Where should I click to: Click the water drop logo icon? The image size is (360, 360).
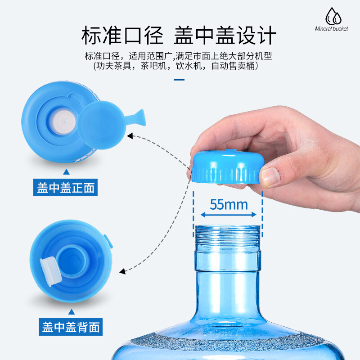point(333,16)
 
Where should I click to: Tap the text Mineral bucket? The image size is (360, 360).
point(331,29)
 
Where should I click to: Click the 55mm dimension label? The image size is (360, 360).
point(229,204)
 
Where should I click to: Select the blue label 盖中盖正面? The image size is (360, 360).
point(65,187)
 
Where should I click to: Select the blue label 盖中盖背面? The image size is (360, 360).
point(71,327)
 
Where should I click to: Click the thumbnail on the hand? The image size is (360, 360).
point(271,176)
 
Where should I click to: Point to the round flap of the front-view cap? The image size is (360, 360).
point(101,125)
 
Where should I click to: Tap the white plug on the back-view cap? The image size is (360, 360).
point(50,272)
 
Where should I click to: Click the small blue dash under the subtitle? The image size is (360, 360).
point(179,80)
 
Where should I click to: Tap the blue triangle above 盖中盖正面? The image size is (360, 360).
point(66,172)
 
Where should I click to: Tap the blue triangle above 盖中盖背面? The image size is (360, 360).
point(72,311)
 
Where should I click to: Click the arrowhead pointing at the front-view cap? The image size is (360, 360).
point(130,136)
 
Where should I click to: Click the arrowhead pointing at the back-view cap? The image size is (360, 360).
point(122,271)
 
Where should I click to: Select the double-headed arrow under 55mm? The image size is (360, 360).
point(229,215)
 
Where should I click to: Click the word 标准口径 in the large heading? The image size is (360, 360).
point(122,35)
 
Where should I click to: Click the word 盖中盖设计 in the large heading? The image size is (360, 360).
point(225,35)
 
